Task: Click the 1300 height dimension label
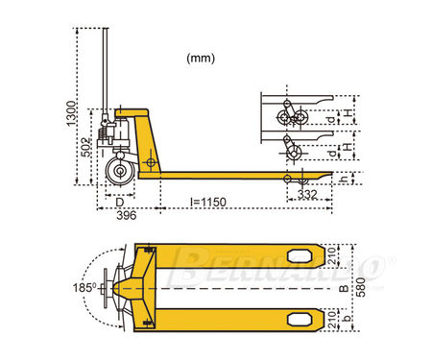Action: (x=71, y=113)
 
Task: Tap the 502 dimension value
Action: (x=85, y=147)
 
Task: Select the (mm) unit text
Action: (x=201, y=59)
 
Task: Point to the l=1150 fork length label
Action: (x=208, y=202)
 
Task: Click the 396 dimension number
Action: (x=127, y=215)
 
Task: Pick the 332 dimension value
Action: (x=307, y=194)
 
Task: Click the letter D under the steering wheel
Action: (x=120, y=203)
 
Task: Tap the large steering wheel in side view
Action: (x=120, y=171)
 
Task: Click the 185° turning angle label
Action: (x=84, y=288)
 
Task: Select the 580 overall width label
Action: (x=361, y=287)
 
